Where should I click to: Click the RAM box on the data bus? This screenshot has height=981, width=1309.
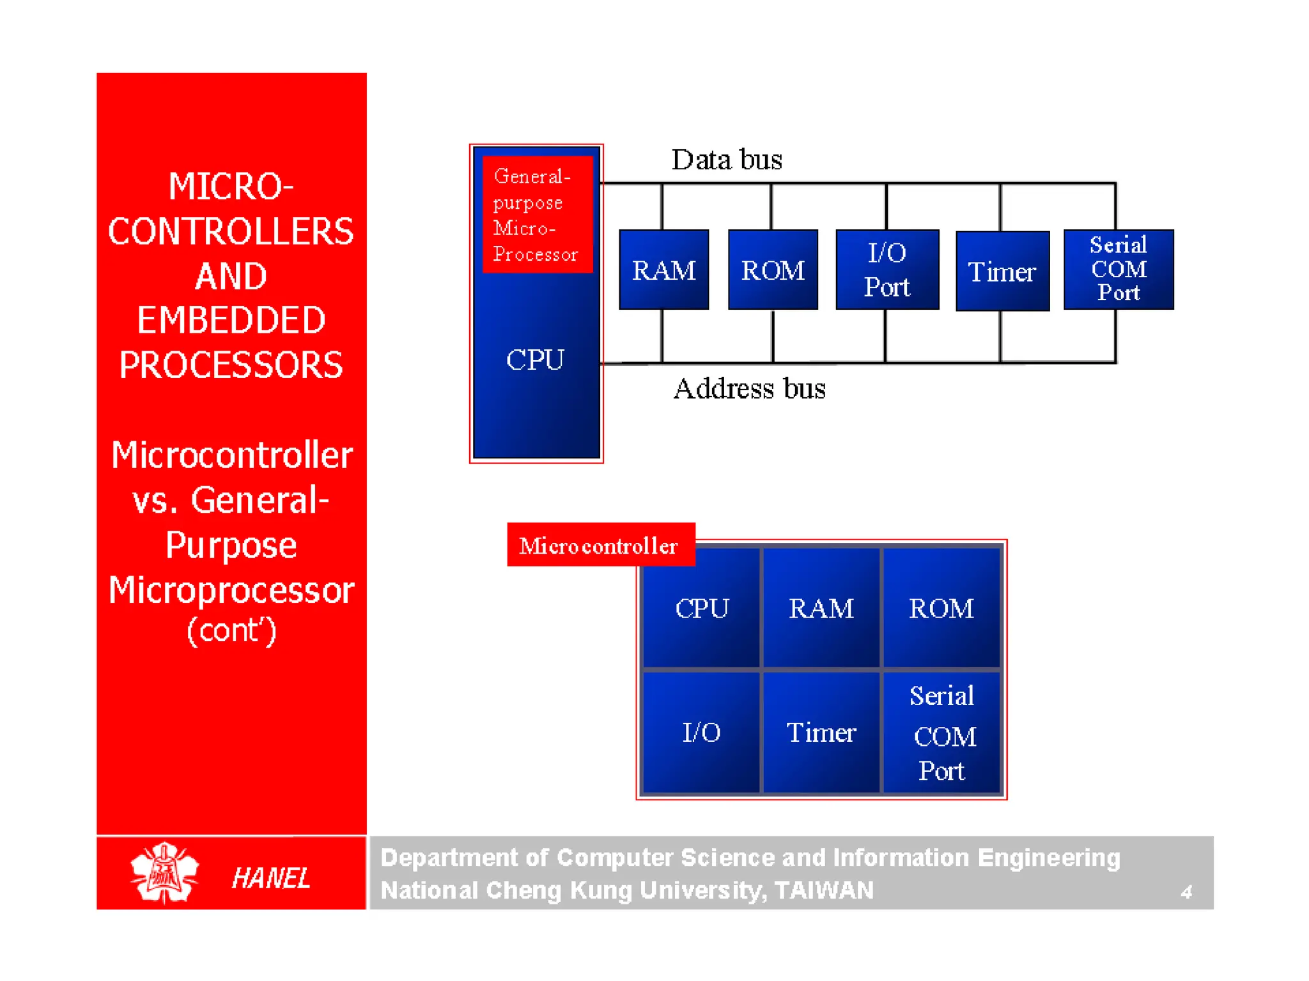[663, 270]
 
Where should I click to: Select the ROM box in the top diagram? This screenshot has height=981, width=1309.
[773, 270]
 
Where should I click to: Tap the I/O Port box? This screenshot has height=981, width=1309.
[887, 270]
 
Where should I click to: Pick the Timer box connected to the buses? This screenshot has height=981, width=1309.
[1002, 271]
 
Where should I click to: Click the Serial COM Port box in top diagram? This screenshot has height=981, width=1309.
[1118, 269]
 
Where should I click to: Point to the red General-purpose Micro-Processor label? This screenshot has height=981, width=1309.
[536, 215]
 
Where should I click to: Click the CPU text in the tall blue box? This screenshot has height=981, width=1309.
[535, 360]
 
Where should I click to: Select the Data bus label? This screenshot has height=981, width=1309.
[726, 160]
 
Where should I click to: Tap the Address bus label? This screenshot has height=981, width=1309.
[749, 388]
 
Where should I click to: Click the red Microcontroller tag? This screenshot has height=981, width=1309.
[600, 545]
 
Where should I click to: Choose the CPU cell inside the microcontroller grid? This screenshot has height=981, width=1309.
[701, 608]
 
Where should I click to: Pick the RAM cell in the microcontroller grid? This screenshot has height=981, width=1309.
[821, 608]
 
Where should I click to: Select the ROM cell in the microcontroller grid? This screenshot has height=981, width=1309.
[941, 608]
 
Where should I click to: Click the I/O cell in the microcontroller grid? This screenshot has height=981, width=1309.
[701, 732]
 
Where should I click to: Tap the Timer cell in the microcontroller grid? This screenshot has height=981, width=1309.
[821, 732]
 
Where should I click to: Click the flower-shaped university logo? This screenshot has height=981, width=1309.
[164, 872]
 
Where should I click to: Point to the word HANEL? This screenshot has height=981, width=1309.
[271, 878]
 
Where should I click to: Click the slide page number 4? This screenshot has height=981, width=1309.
[1186, 892]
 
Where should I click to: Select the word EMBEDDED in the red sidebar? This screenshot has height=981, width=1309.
[231, 320]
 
